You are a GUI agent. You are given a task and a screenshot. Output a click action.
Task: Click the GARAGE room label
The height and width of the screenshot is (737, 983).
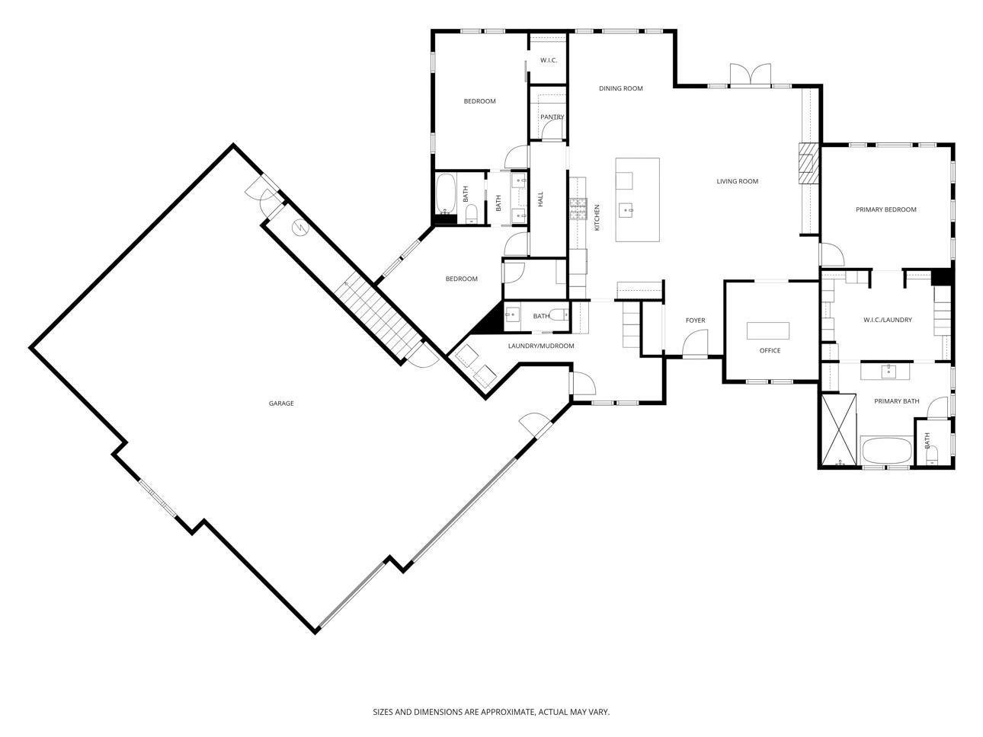coord(281,404)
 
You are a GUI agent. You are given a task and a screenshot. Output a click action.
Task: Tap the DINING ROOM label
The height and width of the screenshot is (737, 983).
coord(621,88)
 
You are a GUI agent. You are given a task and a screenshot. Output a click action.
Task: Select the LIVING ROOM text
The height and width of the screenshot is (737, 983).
coord(737,181)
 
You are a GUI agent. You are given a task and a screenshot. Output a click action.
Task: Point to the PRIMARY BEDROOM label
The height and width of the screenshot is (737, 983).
coord(885,209)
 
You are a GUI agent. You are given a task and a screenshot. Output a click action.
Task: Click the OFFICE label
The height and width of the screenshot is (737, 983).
coord(770,350)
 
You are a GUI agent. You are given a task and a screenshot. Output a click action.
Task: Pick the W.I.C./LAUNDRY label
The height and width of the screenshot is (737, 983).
coord(888,320)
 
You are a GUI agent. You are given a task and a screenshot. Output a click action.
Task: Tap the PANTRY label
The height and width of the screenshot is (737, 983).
coord(552,116)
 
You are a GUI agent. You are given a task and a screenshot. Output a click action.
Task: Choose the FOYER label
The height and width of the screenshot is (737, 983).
coord(696,321)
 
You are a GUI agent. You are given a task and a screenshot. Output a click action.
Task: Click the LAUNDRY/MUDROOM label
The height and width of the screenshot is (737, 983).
coord(541,346)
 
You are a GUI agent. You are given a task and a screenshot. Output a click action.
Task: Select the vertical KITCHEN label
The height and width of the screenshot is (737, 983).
coord(597,218)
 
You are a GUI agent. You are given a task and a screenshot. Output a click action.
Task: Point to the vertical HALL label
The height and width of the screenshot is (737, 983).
coord(540,199)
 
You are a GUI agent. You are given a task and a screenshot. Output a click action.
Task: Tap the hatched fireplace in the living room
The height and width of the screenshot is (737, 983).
coord(808,163)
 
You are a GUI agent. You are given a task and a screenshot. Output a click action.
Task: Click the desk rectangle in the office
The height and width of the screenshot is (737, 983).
coord(767,330)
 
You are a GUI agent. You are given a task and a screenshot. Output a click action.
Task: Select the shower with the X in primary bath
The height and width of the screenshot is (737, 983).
coord(839,429)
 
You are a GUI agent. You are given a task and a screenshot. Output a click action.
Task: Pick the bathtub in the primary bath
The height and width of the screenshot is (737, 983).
coord(887,451)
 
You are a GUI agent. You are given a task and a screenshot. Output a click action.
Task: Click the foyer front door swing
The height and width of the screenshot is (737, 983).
coord(695,343)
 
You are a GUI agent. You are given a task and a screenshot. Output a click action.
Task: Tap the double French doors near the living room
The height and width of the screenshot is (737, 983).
coord(750,75)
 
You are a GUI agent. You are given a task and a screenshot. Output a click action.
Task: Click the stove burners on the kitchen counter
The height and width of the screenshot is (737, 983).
coord(578,209)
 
